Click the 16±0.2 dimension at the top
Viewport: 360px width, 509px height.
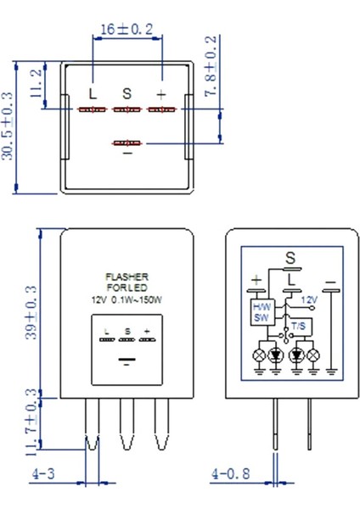pyautogui.click(x=127, y=29)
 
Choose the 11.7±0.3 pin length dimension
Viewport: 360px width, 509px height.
pyautogui.click(x=32, y=420)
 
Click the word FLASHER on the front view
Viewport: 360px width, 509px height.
pyautogui.click(x=127, y=277)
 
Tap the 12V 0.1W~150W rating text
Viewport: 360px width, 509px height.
pyautogui.click(x=127, y=299)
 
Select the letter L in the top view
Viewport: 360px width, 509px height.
pyautogui.click(x=92, y=92)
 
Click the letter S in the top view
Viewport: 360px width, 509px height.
pyautogui.click(x=127, y=92)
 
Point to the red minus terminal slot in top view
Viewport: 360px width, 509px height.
pyautogui.click(x=127, y=143)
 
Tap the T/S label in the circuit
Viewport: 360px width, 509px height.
pyautogui.click(x=297, y=325)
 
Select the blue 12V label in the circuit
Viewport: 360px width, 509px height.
pyautogui.click(x=308, y=299)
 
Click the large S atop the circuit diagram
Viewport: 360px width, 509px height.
pyautogui.click(x=290, y=256)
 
